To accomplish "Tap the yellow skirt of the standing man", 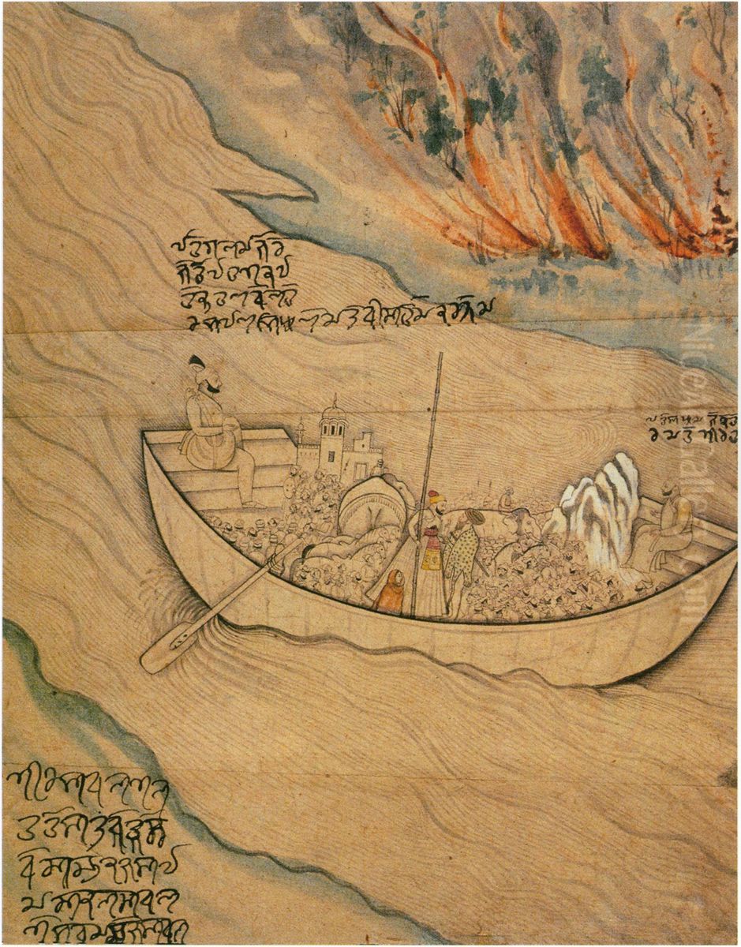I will (x=432, y=556).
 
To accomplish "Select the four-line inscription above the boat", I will (x=316, y=284).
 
